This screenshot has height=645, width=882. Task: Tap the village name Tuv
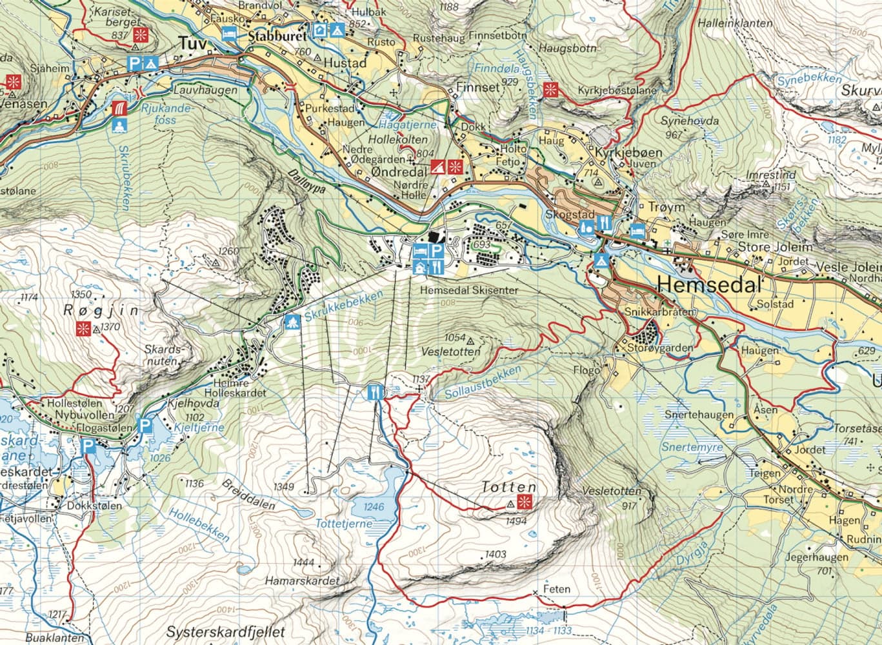click(x=192, y=43)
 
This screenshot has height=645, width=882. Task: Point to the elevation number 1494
click(x=517, y=521)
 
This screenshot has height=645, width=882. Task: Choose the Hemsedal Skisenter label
click(x=468, y=291)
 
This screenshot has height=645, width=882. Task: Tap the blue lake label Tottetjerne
click(x=343, y=524)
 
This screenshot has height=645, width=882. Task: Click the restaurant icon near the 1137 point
click(x=374, y=392)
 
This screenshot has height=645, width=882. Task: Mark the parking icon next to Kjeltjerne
click(x=146, y=426)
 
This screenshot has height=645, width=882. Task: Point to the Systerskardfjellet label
click(x=225, y=632)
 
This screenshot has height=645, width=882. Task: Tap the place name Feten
click(x=556, y=589)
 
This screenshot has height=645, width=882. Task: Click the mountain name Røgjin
click(x=101, y=310)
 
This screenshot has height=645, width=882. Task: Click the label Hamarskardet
click(x=301, y=580)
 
